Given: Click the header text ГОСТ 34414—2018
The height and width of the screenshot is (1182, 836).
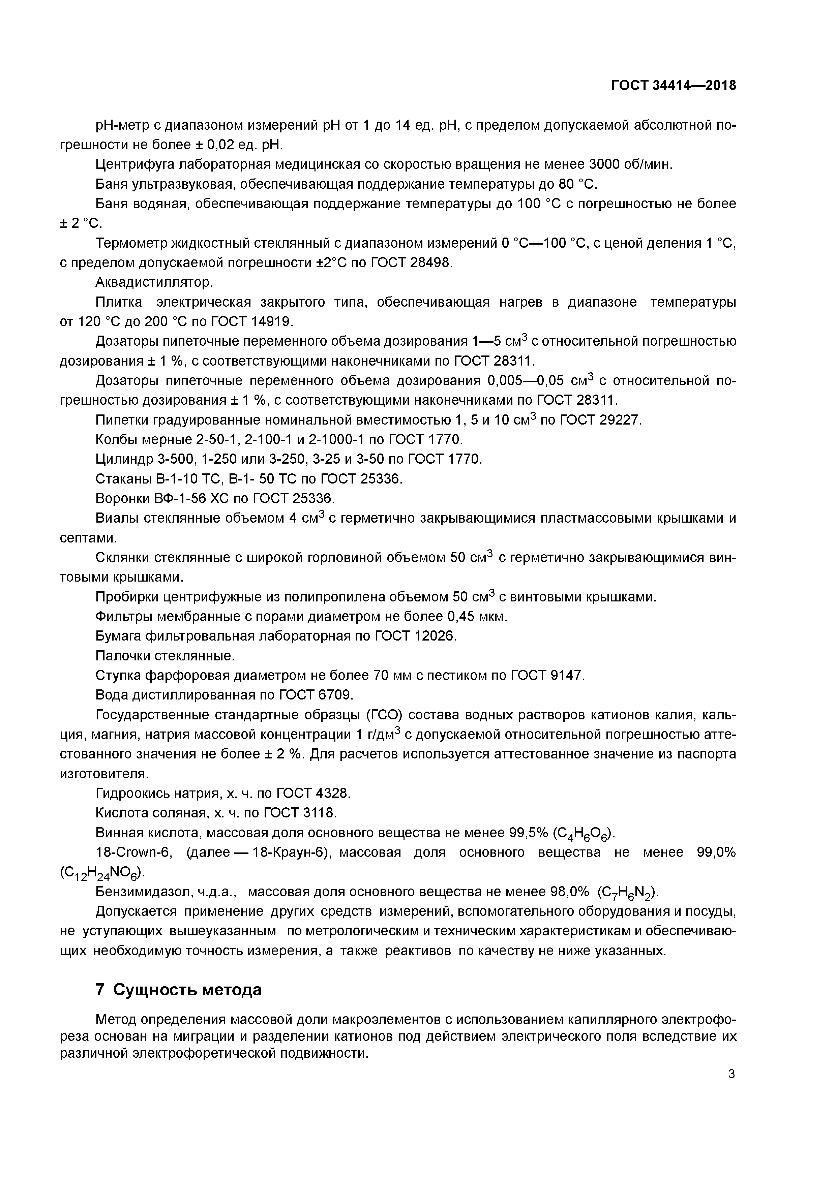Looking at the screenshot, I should (673, 86).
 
